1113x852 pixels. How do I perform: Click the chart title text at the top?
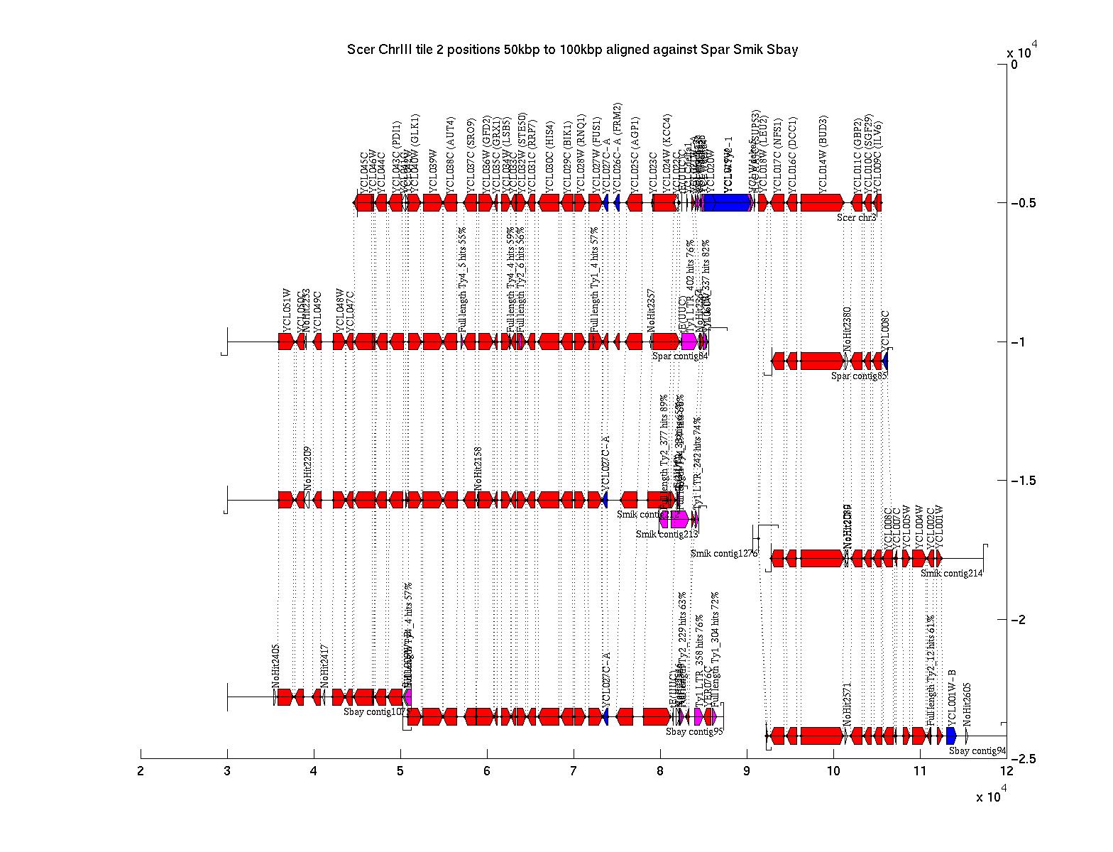pyautogui.click(x=572, y=49)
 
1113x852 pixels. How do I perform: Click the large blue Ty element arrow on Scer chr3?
pyautogui.click(x=727, y=203)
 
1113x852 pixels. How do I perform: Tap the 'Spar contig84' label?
pyautogui.click(x=680, y=356)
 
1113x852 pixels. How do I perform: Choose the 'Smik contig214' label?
pyautogui.click(x=952, y=573)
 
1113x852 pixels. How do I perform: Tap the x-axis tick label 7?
pyautogui.click(x=574, y=772)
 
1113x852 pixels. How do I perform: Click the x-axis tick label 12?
pyautogui.click(x=1007, y=772)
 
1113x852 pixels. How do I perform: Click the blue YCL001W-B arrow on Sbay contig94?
pyautogui.click(x=951, y=736)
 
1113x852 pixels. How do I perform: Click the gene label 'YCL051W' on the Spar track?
pyautogui.click(x=287, y=310)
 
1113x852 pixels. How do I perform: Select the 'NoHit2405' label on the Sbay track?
pyautogui.click(x=276, y=666)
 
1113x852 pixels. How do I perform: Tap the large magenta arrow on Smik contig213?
pyautogui.click(x=679, y=520)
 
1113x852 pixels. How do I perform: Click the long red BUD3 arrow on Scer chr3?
pyautogui.click(x=821, y=203)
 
